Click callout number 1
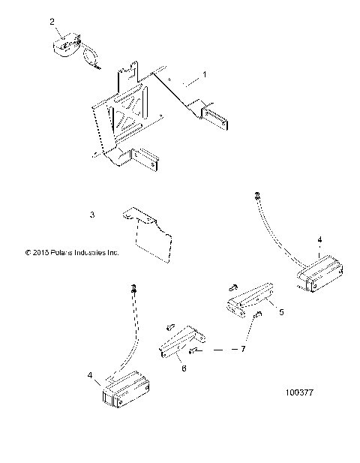(200, 77)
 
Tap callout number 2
(52, 23)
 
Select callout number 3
(91, 215)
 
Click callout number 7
(242, 350)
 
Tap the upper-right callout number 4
(319, 240)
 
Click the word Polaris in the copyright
(63, 253)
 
